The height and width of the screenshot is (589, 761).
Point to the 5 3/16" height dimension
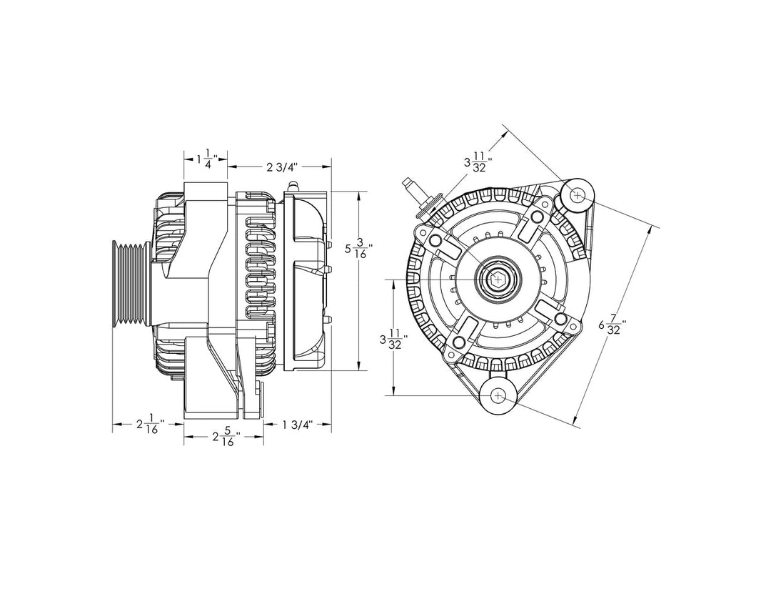359,250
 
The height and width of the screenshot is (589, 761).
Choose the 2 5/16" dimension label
225,437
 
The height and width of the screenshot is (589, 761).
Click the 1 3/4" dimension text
297,425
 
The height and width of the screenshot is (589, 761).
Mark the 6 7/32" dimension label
613,326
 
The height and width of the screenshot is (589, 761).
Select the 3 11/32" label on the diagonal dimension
478,162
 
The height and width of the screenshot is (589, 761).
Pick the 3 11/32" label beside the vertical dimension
393,340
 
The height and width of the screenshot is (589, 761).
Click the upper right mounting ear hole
578,194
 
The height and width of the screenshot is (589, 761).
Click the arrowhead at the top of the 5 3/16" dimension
359,195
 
